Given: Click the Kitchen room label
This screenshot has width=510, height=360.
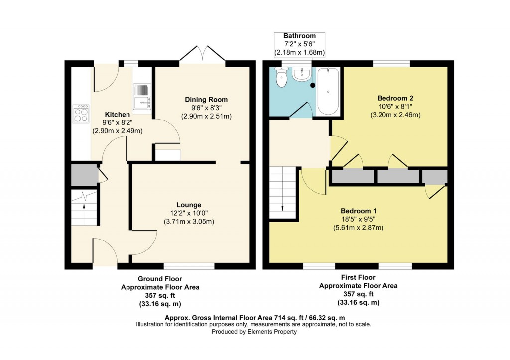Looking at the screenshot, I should (118, 115).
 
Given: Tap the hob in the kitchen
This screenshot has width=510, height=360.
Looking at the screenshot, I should (81, 114).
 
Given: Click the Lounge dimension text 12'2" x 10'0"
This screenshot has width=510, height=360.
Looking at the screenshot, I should (189, 213).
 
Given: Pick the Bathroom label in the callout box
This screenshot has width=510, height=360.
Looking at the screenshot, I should (300, 36).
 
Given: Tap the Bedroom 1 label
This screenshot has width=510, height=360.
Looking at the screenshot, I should (358, 211).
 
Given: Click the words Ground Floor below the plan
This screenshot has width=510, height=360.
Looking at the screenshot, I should (160, 279).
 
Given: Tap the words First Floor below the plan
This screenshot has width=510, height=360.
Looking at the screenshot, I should (358, 277).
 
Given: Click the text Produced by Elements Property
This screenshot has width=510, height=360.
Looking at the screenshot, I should (255, 332).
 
